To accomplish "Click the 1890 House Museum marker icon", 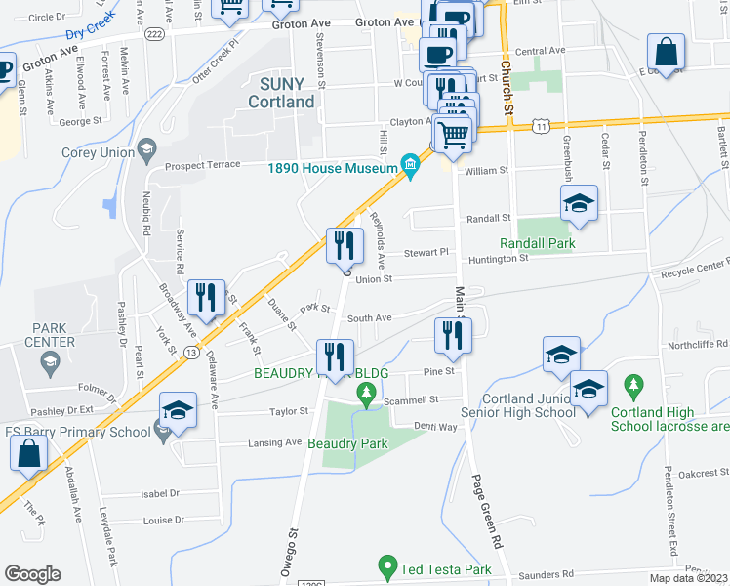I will pyautogui.click(x=410, y=169).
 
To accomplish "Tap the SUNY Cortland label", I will pyautogui.click(x=281, y=93).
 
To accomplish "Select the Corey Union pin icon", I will pyautogui.click(x=147, y=150).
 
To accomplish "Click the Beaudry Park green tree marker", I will pyautogui.click(x=366, y=396).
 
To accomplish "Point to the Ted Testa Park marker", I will pyautogui.click(x=389, y=566).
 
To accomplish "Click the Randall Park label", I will pyautogui.click(x=537, y=243).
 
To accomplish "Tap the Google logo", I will pyautogui.click(x=32, y=574).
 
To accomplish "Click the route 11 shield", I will pyautogui.click(x=541, y=127).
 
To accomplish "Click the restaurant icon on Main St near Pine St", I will pyautogui.click(x=452, y=335).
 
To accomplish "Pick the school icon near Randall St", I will pyautogui.click(x=579, y=202).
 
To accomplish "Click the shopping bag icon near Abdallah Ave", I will pyautogui.click(x=28, y=453).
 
